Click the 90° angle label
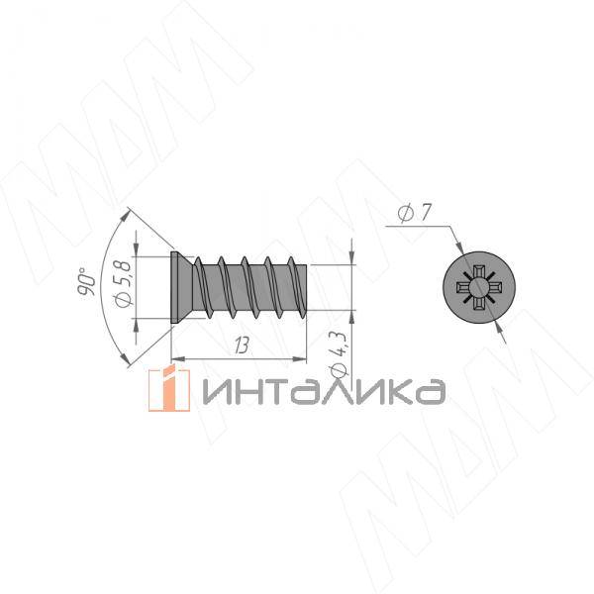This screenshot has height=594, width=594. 86,281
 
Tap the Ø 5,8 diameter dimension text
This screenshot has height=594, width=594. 124,282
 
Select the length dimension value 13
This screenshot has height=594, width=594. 242,346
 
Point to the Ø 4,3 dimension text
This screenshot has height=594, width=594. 339,354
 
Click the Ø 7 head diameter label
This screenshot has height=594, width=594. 415,213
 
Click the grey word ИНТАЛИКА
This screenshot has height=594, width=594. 325,391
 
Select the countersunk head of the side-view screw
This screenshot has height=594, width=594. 182,287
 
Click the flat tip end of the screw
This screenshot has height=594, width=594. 306,287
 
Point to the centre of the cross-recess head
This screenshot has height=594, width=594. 479,287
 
